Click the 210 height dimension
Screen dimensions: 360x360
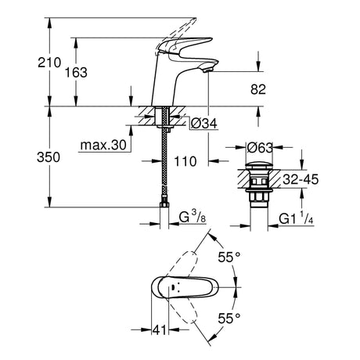tap(49, 63)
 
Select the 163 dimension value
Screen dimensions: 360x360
tap(76, 72)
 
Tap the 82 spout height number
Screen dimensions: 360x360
tap(258, 89)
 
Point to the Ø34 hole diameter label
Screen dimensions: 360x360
tap(203, 124)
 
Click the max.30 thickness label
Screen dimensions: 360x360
tap(103, 145)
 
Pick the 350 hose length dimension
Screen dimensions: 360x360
tap(49, 157)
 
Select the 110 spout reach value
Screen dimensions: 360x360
tap(185, 161)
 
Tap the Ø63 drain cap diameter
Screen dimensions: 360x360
tap(260, 148)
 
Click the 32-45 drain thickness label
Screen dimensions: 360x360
tap(301, 179)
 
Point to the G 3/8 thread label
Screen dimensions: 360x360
tap(193, 217)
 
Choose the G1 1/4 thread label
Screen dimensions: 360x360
tap(296, 218)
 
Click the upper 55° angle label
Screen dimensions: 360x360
tap(229, 257)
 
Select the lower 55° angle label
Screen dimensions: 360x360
tap(229, 318)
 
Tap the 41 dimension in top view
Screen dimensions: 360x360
tap(160, 330)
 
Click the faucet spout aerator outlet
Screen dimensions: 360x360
tap(208, 70)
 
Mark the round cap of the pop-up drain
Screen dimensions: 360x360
tap(259, 166)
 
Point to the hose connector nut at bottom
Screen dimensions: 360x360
tap(164, 203)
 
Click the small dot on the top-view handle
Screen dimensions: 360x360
tap(173, 288)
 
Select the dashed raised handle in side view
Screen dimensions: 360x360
tap(175, 37)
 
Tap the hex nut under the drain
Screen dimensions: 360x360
tap(259, 196)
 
